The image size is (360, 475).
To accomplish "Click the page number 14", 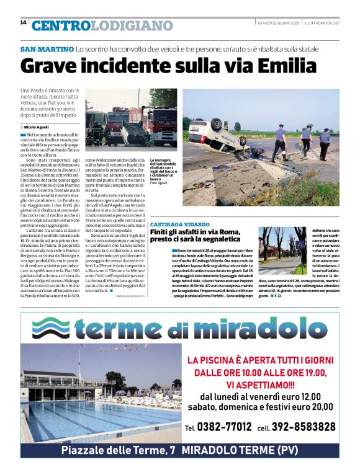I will [23, 22].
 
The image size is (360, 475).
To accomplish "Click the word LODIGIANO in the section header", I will [131, 25].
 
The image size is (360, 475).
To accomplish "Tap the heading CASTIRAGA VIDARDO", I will [197, 223].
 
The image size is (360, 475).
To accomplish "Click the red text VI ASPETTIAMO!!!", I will [262, 384].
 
